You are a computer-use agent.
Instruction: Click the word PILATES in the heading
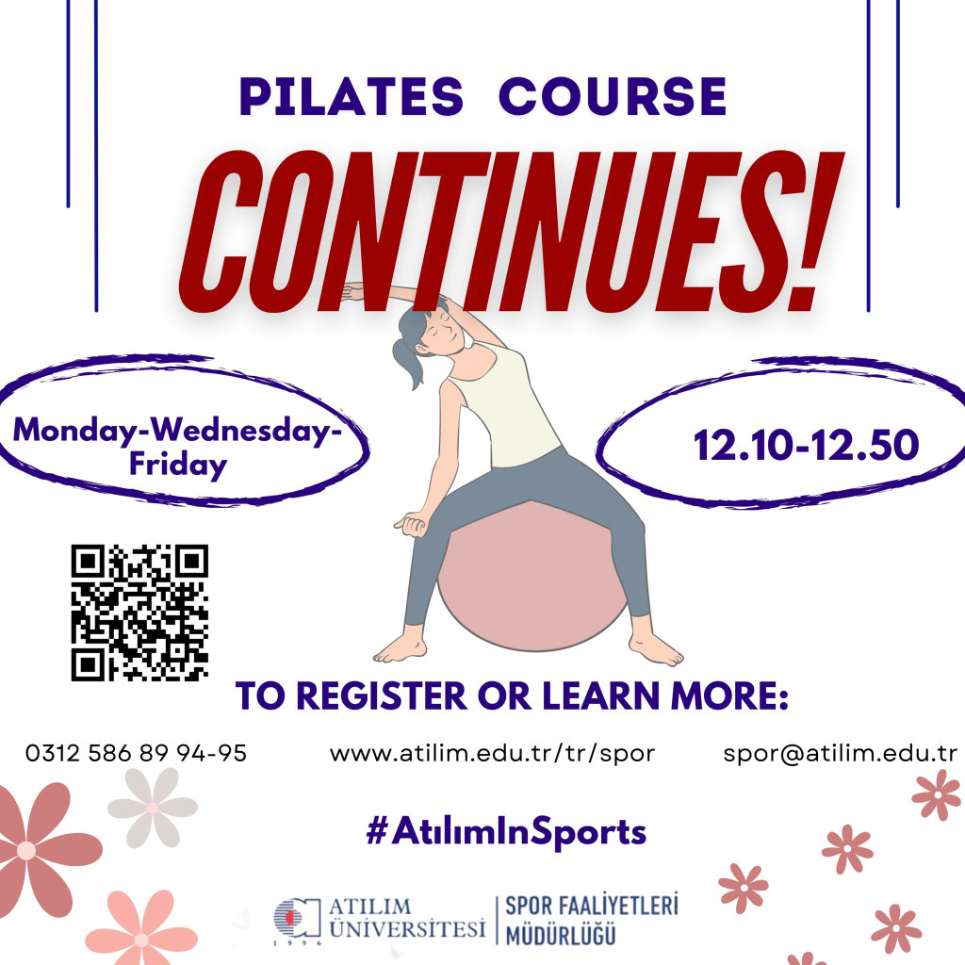click(x=352, y=96)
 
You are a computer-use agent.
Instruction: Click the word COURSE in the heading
click(x=613, y=96)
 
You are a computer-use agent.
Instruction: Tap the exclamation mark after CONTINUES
click(x=811, y=231)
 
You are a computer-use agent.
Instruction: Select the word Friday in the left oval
click(x=178, y=465)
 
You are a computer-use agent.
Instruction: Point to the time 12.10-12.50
click(x=807, y=445)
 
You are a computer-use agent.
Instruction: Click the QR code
click(x=139, y=613)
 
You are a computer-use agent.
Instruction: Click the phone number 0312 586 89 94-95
click(x=136, y=753)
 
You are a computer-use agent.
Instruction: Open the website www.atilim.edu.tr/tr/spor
click(x=492, y=753)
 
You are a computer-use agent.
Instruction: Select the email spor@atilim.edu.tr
click(x=840, y=753)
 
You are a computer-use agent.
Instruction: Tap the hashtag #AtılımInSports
click(x=506, y=831)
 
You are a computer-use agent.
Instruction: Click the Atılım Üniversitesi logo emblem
click(x=297, y=919)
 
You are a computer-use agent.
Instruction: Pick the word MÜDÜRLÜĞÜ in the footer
click(x=561, y=936)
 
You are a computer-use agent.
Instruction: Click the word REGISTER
click(x=382, y=696)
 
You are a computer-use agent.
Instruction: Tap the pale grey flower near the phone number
click(x=153, y=807)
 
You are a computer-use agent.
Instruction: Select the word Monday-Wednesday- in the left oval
click(x=178, y=430)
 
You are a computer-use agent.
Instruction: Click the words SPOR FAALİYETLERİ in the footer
click(x=592, y=906)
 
